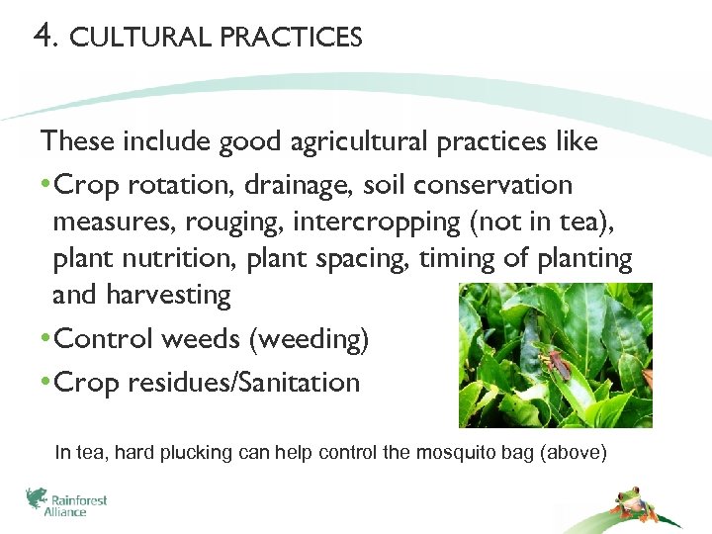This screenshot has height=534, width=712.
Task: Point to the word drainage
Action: [x=301, y=186]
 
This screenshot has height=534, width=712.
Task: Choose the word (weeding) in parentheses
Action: [x=309, y=340]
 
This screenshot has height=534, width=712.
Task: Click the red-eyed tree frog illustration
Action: [x=628, y=503]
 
